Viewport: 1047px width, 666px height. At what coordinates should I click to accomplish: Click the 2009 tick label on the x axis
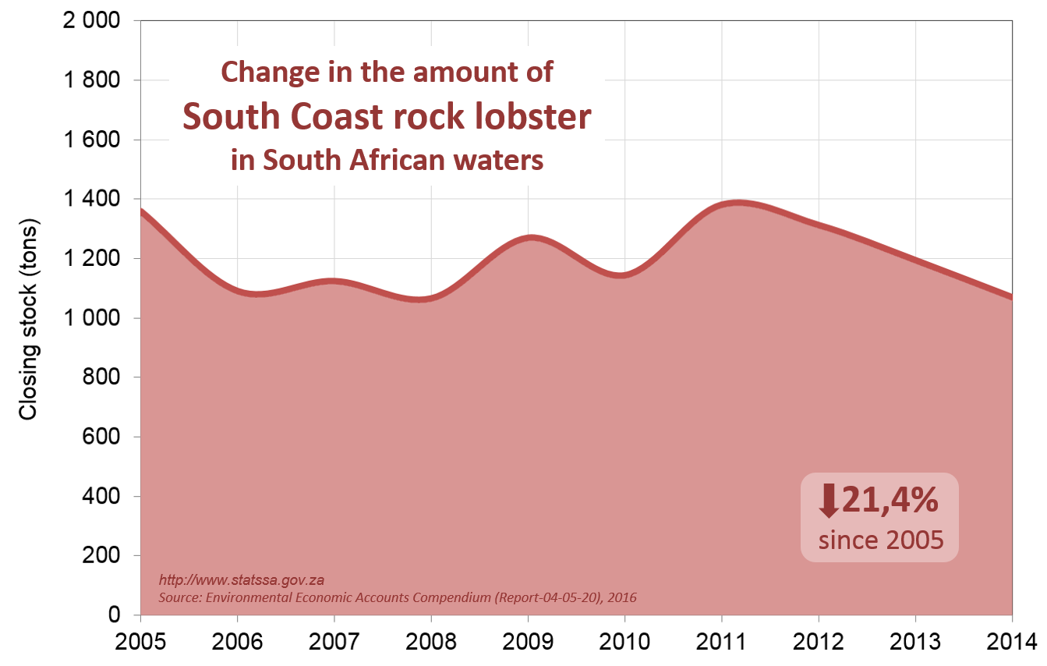[528, 643]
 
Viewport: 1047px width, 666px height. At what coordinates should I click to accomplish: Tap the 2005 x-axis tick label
[141, 643]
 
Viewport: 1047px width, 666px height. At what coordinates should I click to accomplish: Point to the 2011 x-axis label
[721, 643]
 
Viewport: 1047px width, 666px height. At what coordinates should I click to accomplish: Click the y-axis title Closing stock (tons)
[29, 318]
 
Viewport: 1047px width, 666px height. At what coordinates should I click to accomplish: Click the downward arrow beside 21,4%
[828, 500]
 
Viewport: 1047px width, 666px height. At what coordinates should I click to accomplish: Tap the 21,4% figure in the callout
[889, 500]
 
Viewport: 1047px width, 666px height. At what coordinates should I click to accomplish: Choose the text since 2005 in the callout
[880, 540]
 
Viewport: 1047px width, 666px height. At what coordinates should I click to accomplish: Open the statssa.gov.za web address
[241, 580]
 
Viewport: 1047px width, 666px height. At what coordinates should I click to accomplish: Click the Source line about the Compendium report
[398, 598]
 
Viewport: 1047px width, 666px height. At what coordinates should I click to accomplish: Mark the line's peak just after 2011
[737, 204]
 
